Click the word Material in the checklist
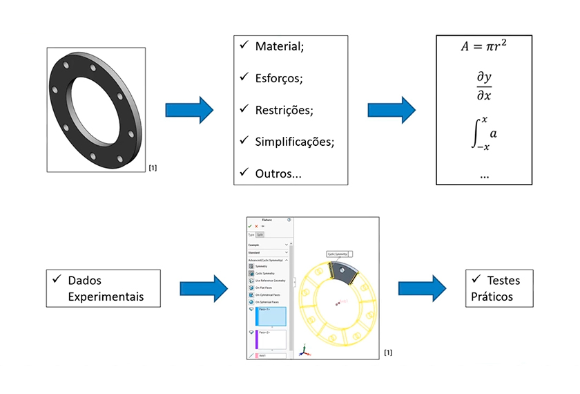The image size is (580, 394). (x=278, y=47)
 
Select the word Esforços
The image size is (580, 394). (x=278, y=78)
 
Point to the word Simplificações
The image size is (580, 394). (x=294, y=141)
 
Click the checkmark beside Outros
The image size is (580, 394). (x=243, y=171)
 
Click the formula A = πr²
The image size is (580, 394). (x=484, y=47)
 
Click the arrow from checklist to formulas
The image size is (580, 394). (x=391, y=110)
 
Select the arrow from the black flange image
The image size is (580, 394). (x=188, y=110)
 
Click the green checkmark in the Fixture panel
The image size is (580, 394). (x=250, y=226)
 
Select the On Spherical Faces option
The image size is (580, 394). (x=267, y=302)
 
